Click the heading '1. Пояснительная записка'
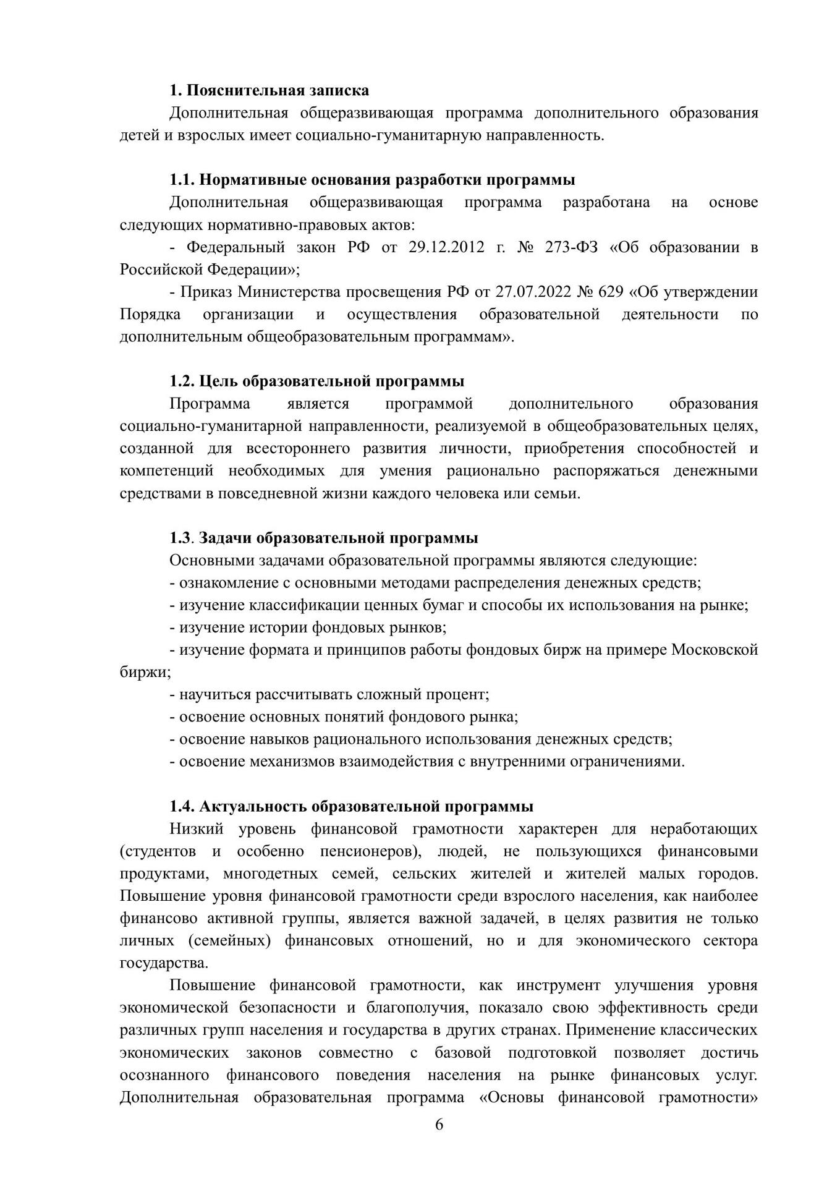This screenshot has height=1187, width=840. pyautogui.click(x=269, y=90)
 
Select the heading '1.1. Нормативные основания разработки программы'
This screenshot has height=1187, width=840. pyautogui.click(x=372, y=180)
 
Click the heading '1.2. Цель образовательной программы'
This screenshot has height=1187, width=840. pyautogui.click(x=317, y=381)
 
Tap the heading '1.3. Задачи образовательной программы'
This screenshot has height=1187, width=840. pyautogui.click(x=324, y=538)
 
